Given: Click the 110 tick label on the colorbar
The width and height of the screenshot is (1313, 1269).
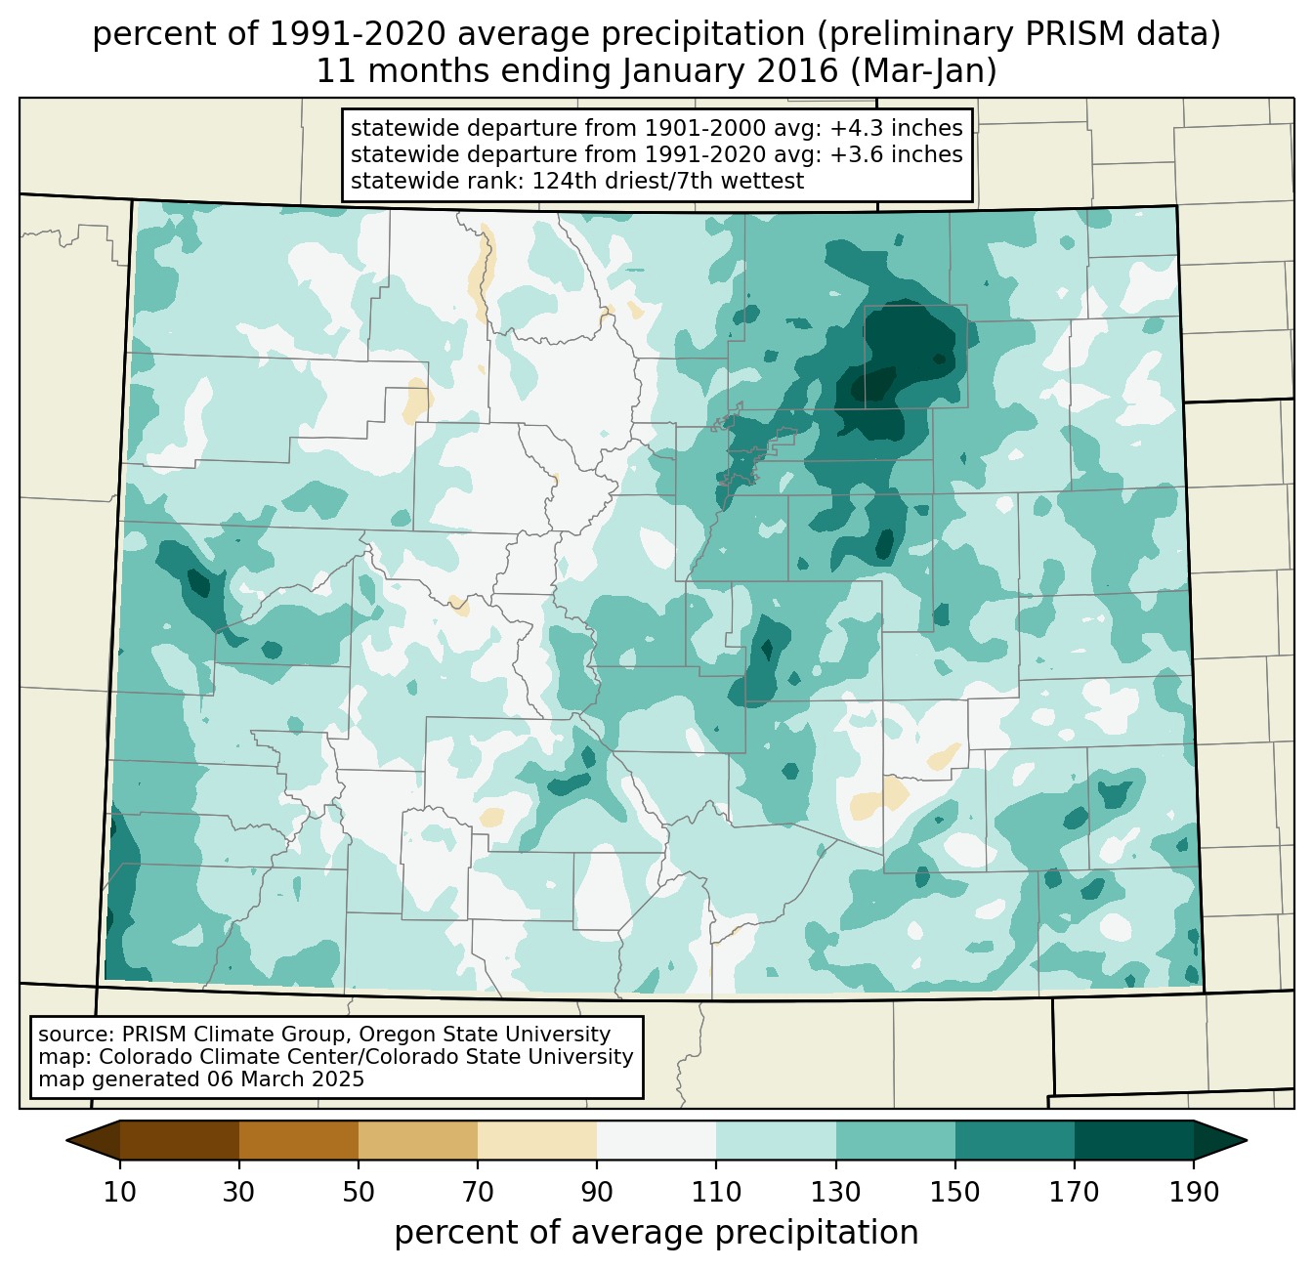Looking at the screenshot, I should coord(716,1193).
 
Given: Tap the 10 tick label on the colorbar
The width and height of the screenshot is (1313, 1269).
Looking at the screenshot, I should coord(120,1193).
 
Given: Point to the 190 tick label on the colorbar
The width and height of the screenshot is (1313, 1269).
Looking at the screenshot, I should coord(1193,1193).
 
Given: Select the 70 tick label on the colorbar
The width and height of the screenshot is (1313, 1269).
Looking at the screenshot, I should coord(478,1193).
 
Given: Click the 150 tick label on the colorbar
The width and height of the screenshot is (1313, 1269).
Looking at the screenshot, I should coord(954,1193).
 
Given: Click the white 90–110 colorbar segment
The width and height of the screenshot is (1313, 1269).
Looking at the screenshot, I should coord(656,1140).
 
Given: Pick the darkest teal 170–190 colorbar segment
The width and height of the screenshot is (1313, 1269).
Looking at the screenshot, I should coord(1133,1140).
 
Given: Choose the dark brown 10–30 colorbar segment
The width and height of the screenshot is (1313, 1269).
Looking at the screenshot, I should coord(180,1140).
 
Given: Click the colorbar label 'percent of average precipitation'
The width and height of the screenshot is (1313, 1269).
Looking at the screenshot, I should coord(656,1233).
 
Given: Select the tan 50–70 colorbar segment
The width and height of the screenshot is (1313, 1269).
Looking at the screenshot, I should coord(418,1140).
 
